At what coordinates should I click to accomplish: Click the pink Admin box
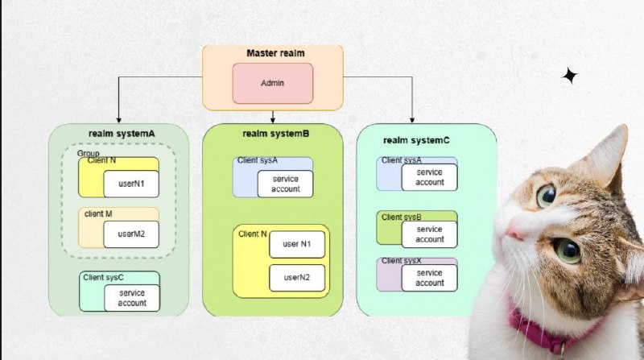273,83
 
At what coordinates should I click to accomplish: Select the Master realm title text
275,53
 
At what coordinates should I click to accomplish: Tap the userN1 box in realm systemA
131,184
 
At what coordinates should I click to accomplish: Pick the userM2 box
131,234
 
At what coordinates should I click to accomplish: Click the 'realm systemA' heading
122,134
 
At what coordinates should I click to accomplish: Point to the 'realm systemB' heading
275,134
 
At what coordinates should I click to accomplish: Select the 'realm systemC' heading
416,140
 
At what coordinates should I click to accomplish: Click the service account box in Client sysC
132,298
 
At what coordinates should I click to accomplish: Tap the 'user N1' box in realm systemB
297,244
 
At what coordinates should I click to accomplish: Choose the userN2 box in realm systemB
297,278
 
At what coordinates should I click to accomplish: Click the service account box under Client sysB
430,234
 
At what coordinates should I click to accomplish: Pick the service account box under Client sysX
430,278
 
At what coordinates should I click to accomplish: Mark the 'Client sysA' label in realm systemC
401,160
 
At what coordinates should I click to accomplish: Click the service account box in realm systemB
285,184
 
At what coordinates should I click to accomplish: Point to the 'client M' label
98,213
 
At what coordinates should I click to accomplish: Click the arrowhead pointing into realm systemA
118,120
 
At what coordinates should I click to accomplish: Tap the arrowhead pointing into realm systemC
412,120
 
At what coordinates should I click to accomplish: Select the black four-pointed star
570,76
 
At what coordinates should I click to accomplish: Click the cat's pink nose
514,231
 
